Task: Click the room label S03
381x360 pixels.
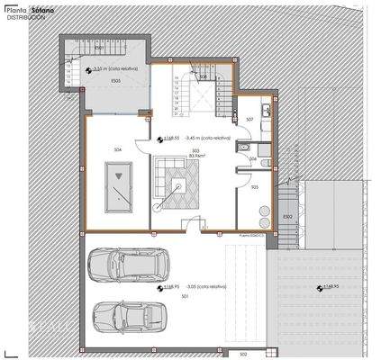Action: (x=194, y=150)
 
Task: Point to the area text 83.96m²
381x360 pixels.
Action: (x=194, y=156)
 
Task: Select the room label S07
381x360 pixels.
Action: (x=249, y=119)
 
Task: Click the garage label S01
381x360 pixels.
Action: (x=186, y=294)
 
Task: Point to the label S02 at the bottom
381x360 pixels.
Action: (x=243, y=355)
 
